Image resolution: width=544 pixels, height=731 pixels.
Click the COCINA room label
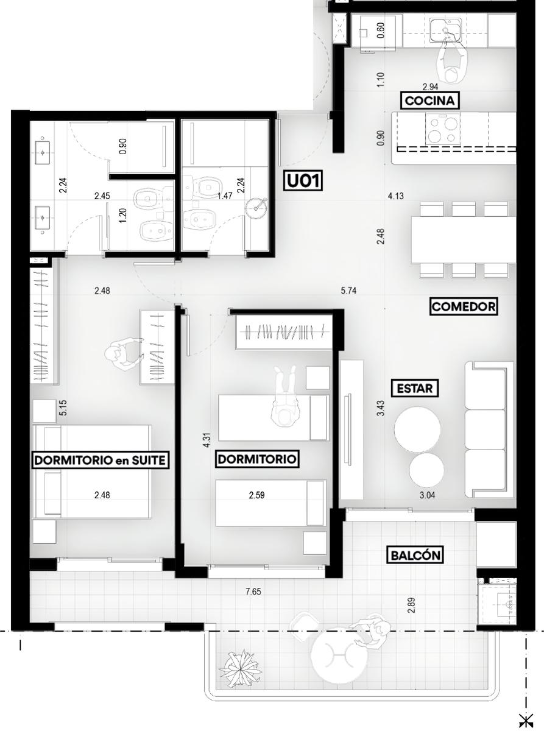(429, 101)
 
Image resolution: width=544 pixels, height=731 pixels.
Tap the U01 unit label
(303, 181)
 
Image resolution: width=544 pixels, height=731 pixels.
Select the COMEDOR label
(463, 307)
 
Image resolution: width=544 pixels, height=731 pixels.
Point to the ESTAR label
(414, 388)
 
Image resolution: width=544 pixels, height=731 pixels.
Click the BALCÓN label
(415, 556)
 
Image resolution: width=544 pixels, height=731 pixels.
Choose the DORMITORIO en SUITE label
(100, 460)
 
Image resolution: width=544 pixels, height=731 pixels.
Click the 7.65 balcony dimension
(253, 592)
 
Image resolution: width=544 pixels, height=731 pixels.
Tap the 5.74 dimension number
(348, 291)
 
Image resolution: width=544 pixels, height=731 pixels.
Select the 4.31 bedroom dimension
(207, 440)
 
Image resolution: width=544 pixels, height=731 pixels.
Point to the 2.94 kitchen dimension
(430, 87)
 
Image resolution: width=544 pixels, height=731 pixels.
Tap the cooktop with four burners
(442, 129)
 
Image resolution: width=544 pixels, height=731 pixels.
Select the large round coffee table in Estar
(417, 429)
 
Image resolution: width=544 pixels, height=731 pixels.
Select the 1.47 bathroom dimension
(225, 196)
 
